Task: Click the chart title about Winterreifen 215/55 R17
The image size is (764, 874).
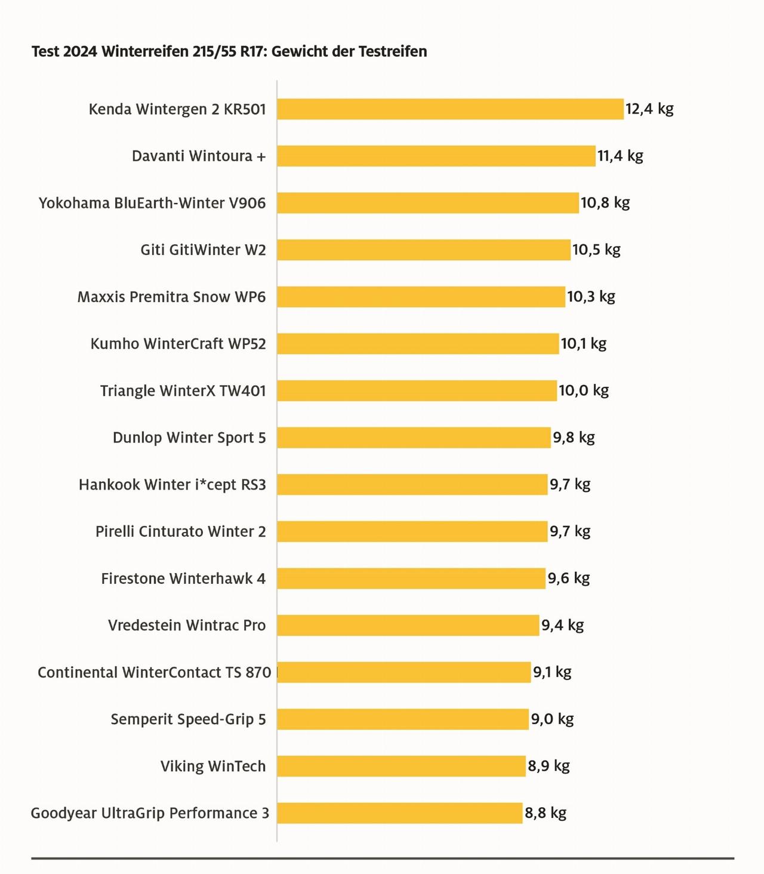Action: coord(229,51)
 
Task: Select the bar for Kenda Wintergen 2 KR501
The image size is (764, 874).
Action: coord(450,109)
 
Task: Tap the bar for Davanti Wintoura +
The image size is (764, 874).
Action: coord(436,156)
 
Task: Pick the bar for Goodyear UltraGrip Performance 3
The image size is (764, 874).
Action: coord(400,813)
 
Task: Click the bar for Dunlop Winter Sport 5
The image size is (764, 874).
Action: coord(414,438)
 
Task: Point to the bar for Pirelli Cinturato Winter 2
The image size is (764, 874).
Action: coord(412,531)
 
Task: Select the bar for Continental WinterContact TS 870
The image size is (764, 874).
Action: coord(404,672)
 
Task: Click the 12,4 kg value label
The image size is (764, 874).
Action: coord(649,109)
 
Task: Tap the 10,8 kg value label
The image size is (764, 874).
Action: coord(605,203)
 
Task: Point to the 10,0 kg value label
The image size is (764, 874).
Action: coord(584,390)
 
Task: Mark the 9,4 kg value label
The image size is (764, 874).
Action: coord(562,625)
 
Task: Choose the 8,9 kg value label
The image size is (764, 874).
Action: coord(549,766)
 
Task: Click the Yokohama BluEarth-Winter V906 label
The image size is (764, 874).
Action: coord(152,203)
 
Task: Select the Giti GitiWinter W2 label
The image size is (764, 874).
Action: coord(203,250)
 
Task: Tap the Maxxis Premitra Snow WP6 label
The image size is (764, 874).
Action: coord(171,297)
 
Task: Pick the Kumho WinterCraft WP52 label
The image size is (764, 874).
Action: coord(178,344)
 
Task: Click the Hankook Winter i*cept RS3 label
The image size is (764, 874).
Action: coord(172,484)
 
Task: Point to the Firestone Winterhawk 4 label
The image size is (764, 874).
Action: coord(183,578)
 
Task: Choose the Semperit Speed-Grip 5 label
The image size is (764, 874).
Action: coord(188,719)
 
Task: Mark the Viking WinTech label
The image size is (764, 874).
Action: coord(212,766)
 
